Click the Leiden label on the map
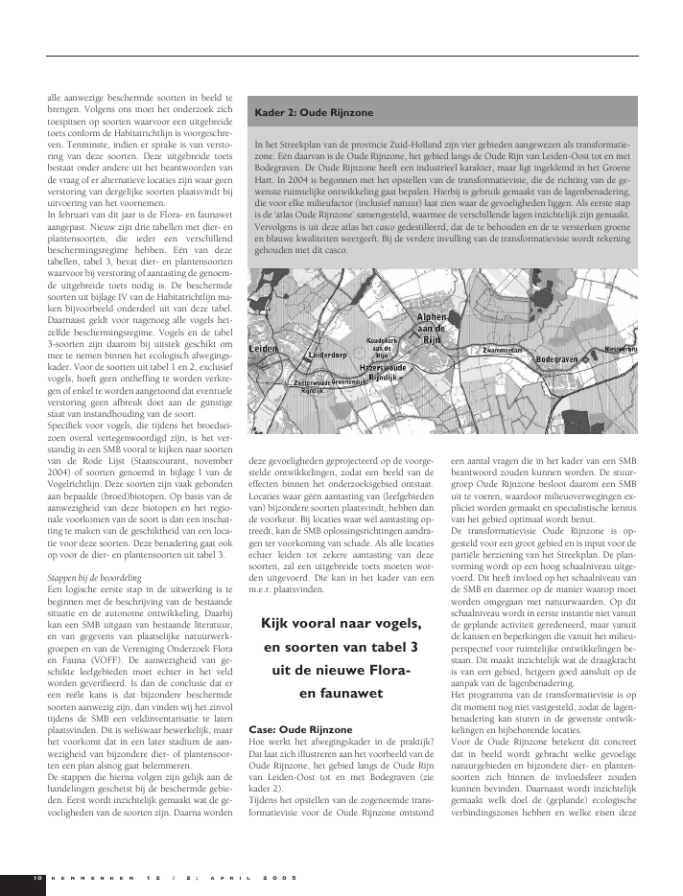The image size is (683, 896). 263,350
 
